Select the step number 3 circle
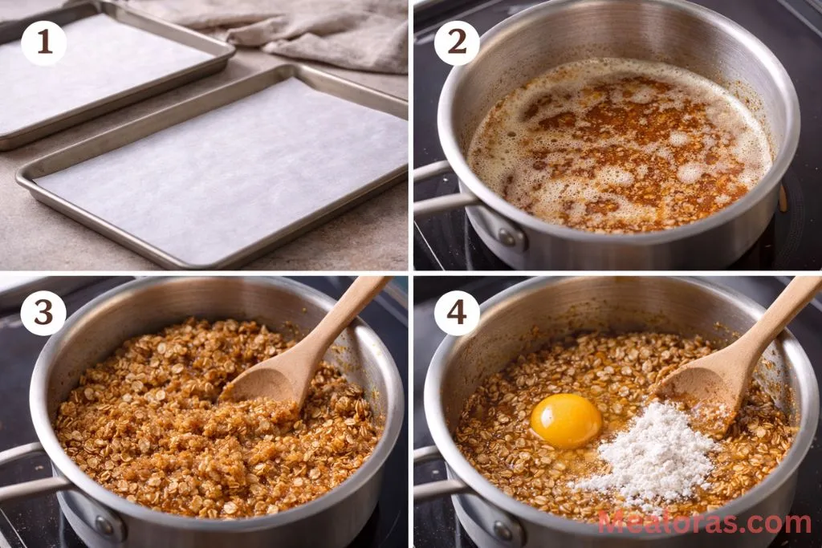click(x=43, y=313)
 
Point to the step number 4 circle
click(x=457, y=313)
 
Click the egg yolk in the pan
click(x=566, y=420)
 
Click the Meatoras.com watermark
click(x=704, y=523)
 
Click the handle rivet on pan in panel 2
click(x=506, y=237)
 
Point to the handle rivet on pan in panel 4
click(x=503, y=530)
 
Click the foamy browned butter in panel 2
click(x=618, y=144)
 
